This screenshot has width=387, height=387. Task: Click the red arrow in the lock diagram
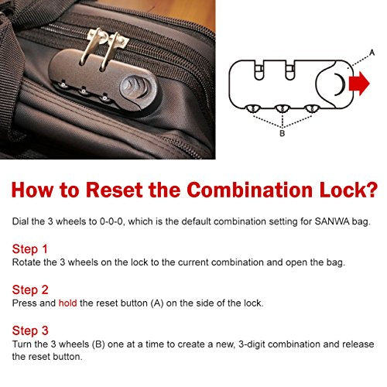359,84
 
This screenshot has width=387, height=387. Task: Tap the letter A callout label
372,53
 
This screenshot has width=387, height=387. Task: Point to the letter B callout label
283,133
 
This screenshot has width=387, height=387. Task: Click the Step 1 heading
30,249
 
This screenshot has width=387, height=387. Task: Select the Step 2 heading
30,290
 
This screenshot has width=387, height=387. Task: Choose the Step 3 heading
30,330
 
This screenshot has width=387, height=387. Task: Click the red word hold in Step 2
67,303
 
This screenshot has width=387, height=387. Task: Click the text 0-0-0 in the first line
111,221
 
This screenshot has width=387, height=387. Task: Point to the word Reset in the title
115,190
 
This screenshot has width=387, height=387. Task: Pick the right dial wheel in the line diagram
312,108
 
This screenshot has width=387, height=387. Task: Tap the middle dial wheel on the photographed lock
83,91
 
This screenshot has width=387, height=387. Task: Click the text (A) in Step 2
157,303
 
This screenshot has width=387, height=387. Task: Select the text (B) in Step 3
98,344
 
